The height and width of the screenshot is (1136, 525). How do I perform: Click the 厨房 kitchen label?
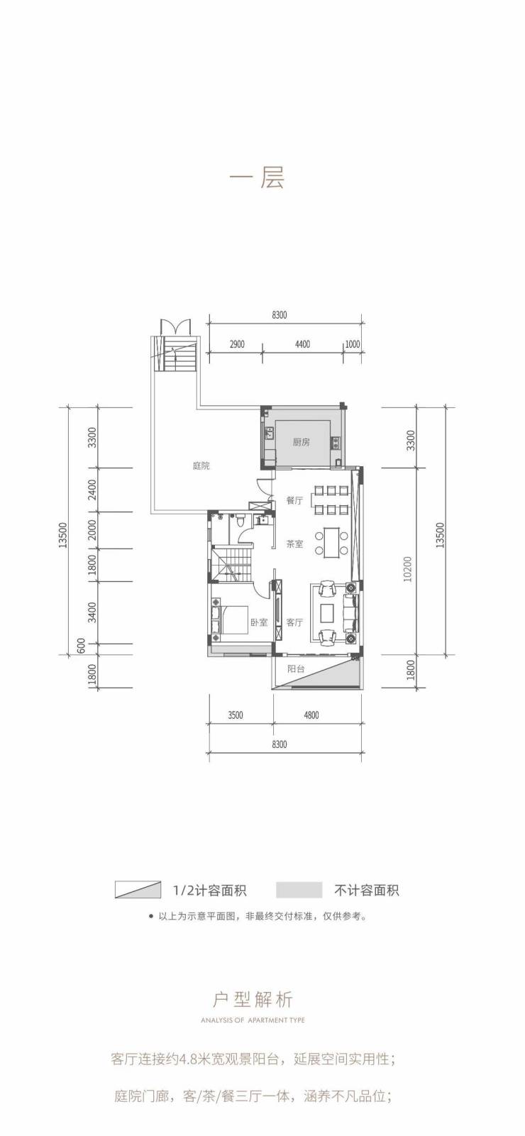pyautogui.click(x=301, y=442)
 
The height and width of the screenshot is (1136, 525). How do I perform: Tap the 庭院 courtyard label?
pyautogui.click(x=201, y=465)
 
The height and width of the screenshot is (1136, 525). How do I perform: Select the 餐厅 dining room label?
pyautogui.click(x=294, y=500)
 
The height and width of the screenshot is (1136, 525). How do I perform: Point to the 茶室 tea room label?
pyautogui.click(x=294, y=544)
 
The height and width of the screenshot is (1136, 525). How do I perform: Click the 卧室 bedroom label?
pyautogui.click(x=259, y=622)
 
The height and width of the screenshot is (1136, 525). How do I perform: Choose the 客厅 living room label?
pyautogui.click(x=294, y=622)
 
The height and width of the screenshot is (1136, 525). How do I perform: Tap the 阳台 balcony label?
pyautogui.click(x=296, y=668)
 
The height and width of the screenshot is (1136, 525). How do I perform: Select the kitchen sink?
pyautogui.click(x=270, y=435)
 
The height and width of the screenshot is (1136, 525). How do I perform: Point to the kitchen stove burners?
pyautogui.click(x=336, y=442)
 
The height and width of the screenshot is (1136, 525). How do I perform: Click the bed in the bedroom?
pyautogui.click(x=231, y=619)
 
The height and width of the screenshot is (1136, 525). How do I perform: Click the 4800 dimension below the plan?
pyautogui.click(x=311, y=715)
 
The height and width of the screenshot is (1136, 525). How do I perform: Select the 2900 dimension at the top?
pyautogui.click(x=237, y=344)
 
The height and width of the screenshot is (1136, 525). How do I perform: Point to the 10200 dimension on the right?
pyautogui.click(x=409, y=569)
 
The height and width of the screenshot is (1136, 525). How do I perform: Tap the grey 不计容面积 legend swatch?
pyautogui.click(x=299, y=890)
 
